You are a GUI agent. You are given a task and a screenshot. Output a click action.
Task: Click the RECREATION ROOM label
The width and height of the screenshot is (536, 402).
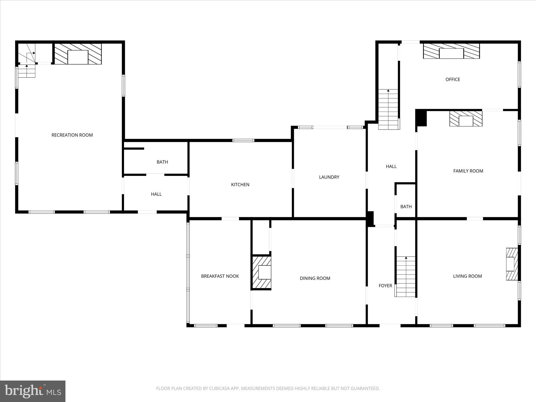pyautogui.click(x=72, y=135)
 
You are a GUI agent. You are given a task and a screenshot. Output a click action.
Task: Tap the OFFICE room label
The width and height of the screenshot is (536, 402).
pyautogui.click(x=453, y=80)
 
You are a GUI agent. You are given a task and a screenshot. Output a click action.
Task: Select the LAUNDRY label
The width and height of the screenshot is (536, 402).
pyautogui.click(x=329, y=177)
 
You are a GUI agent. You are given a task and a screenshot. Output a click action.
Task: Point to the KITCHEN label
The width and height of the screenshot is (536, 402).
pyautogui.click(x=240, y=185)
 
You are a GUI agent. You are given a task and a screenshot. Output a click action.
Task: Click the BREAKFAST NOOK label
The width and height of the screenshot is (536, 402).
pyautogui.click(x=220, y=276)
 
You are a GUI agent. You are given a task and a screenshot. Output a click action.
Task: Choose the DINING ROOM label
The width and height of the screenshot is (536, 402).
pyautogui.click(x=315, y=278)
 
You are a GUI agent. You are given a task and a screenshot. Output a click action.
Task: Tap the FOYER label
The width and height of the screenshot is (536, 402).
pyautogui.click(x=385, y=286)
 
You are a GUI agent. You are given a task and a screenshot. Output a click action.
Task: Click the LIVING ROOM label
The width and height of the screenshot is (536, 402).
pyautogui.click(x=467, y=276)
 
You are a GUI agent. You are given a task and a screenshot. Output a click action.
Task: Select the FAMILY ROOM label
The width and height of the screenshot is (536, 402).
pyautogui.click(x=468, y=171)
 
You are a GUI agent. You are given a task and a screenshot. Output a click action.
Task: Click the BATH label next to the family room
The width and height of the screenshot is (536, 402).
pyautogui.click(x=406, y=207)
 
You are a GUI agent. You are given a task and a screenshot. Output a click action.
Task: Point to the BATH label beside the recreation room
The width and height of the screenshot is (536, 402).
pyautogui.click(x=162, y=162)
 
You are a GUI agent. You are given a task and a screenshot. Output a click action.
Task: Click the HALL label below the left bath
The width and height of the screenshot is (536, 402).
pyautogui.click(x=156, y=194)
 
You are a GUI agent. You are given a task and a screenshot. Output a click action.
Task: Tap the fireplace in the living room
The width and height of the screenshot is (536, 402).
pyautogui.click(x=511, y=264)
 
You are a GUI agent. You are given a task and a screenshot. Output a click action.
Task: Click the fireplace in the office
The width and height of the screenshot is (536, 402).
pyautogui.click(x=451, y=51)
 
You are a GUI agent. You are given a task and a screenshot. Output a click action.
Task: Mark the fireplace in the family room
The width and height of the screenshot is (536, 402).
pyautogui.click(x=466, y=119)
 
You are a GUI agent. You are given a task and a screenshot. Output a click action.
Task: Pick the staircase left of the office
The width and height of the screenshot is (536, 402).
pyautogui.click(x=388, y=109)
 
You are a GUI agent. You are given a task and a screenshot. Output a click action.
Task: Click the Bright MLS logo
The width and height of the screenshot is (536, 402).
pyautogui.click(x=33, y=391)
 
